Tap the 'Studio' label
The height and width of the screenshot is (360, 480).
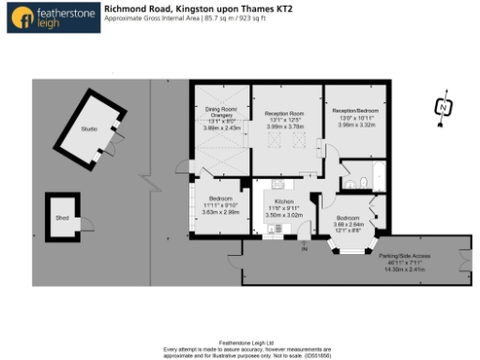tap(89, 128)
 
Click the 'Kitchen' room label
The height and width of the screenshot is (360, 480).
tap(284, 201)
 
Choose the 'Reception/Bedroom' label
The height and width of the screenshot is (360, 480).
tap(354, 111)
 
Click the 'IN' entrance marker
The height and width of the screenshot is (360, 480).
tap(303, 248)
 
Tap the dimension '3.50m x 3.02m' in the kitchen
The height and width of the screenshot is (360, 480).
tap(284, 215)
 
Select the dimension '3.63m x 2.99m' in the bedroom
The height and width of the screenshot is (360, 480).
tap(221, 213)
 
